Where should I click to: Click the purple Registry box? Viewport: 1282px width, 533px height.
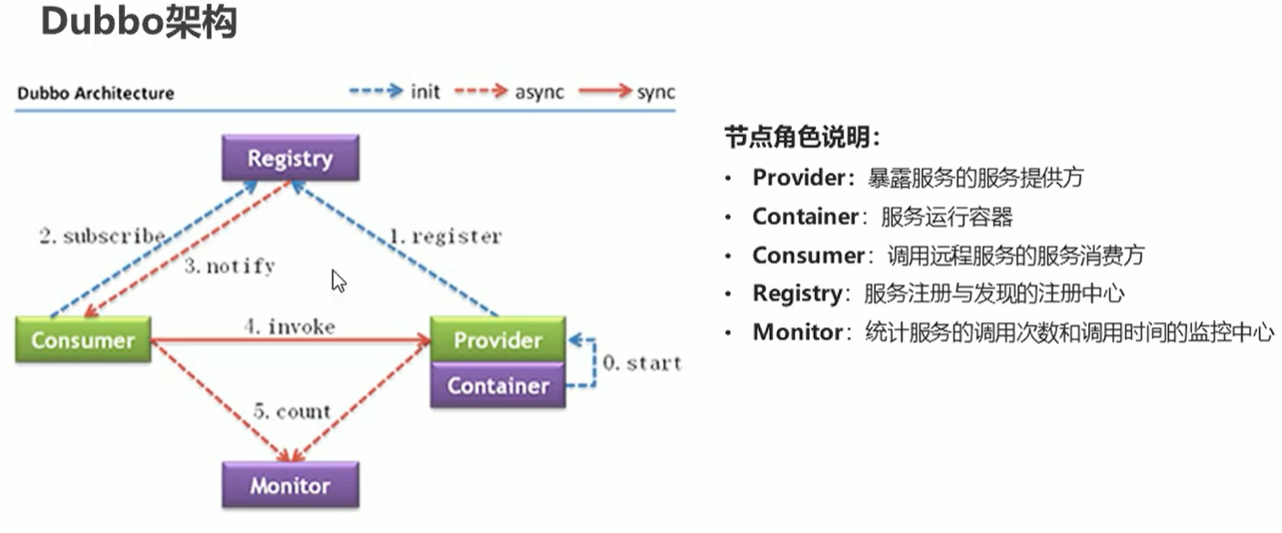point(290,158)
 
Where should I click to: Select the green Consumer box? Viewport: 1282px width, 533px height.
point(82,339)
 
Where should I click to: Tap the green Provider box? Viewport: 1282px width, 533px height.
point(497,339)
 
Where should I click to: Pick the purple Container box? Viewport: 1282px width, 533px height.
point(497,385)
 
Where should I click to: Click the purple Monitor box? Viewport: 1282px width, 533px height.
point(290,486)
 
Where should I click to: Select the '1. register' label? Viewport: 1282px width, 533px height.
point(444,237)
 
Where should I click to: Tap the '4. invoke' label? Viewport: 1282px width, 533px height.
point(288,326)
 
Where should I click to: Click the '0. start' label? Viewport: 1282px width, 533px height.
point(640,362)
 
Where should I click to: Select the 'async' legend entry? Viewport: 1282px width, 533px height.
point(539,92)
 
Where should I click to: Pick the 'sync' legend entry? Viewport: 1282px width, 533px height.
point(655,92)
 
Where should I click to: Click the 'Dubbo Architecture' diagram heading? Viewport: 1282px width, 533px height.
point(96,93)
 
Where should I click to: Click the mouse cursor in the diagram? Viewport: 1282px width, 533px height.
point(338,280)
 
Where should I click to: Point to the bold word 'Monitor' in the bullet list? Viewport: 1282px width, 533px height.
point(797,332)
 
